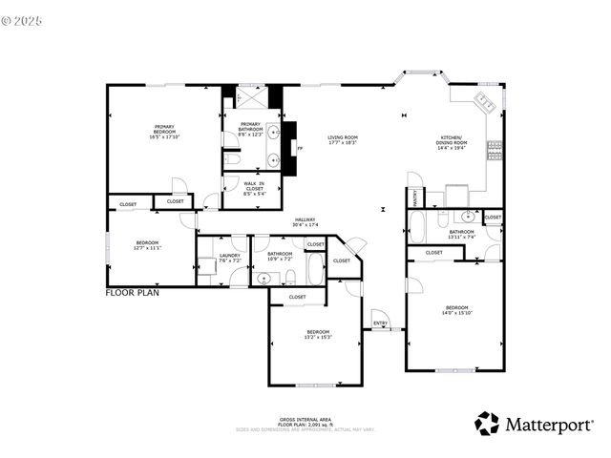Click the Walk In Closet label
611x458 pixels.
(254, 186)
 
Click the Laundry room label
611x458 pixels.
(229, 255)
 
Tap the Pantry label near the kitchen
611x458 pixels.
(416, 198)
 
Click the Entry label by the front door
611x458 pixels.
(380, 323)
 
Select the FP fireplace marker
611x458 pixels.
(300, 149)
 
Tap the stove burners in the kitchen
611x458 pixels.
(495, 148)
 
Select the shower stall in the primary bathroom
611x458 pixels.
(252, 96)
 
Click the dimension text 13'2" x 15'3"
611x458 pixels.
(318, 337)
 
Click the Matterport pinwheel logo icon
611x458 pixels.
(487, 423)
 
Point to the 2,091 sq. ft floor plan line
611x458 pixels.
(305, 425)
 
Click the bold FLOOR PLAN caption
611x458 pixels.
(132, 293)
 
